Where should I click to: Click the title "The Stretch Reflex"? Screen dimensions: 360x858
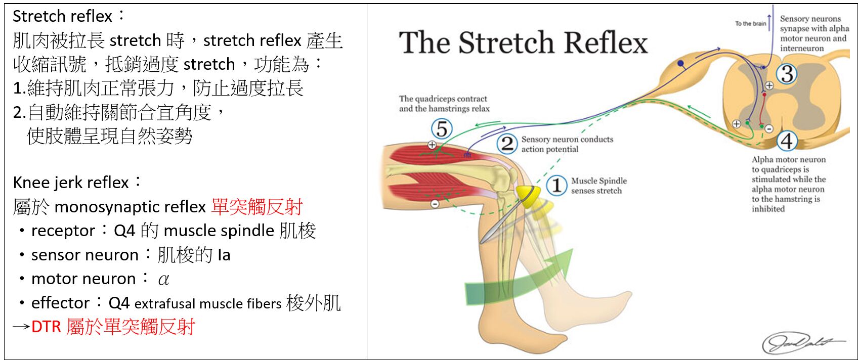(523, 42)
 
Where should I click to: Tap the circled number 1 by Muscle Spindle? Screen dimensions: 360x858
(556, 185)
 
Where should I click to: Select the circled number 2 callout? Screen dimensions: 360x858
(507, 144)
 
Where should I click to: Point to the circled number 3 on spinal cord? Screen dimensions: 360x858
(787, 74)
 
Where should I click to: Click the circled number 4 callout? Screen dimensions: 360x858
(787, 141)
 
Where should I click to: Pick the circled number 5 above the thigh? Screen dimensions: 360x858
(442, 128)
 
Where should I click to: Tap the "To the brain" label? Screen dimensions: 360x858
(751, 23)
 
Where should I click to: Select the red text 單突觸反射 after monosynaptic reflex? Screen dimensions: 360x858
(257, 206)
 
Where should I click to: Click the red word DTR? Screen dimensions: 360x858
(46, 327)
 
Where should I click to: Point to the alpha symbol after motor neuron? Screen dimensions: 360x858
(163, 279)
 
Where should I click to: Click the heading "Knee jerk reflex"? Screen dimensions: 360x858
(71, 182)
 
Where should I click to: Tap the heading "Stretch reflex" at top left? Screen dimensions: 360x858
(62, 16)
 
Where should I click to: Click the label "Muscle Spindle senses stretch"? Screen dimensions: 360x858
(598, 186)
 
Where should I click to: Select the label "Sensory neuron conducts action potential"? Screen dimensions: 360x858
(567, 144)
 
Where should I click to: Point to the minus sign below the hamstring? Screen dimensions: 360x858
(435, 204)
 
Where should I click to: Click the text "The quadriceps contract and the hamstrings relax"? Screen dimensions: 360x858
(444, 104)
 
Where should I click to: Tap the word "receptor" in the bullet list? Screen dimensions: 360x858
(63, 231)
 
